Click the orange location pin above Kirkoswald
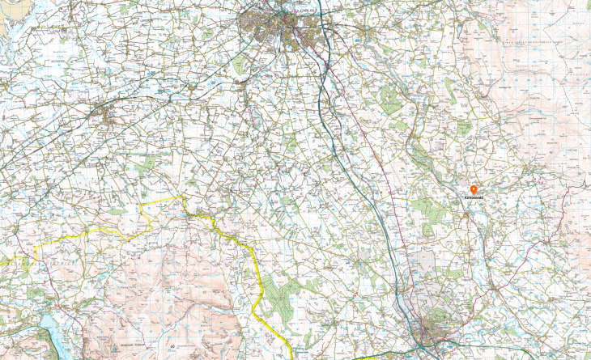473,189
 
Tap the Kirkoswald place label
473,197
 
